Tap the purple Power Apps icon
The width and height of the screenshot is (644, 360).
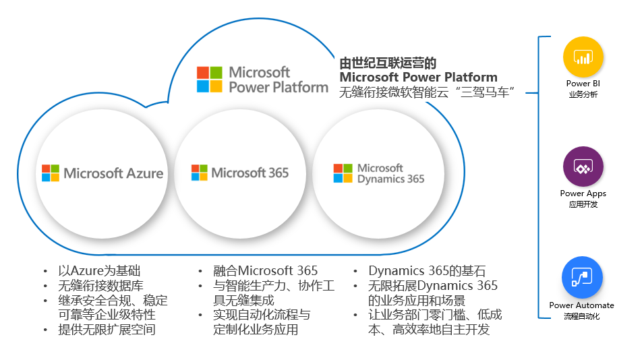point(583,167)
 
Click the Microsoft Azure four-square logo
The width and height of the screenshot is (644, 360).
point(51,173)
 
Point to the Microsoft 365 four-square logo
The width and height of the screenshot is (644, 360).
point(200,173)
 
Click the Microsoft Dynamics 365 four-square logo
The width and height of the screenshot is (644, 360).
point(343,173)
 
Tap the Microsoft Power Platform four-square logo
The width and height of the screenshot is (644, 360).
point(209,79)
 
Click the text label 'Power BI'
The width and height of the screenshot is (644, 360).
point(583,84)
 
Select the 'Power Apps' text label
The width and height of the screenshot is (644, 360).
point(583,193)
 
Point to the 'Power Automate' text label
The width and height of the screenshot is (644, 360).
point(581,305)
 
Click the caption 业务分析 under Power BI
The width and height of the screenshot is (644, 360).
point(583,94)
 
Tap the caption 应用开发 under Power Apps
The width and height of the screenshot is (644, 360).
point(583,204)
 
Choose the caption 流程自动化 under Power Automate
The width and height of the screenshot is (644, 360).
point(581,316)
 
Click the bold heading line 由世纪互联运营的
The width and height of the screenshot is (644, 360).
point(388,63)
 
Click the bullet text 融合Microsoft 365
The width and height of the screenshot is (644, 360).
point(265,271)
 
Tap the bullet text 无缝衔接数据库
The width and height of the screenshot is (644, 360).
point(101,286)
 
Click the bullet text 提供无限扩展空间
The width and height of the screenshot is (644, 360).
point(107,330)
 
